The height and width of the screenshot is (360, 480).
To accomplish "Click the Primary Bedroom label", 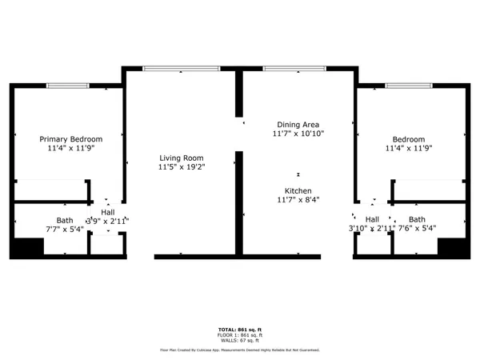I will [x=71, y=138].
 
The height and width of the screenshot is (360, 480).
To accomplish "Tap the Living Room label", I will [x=181, y=158].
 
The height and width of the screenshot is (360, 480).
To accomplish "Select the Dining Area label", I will [x=298, y=124].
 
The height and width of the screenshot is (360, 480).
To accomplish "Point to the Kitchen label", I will [x=298, y=190].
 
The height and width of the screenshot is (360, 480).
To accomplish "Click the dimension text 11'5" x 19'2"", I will [x=181, y=167].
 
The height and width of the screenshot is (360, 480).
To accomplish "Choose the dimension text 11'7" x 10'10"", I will [x=298, y=134].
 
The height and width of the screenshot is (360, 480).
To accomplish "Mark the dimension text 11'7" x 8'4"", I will [x=298, y=199].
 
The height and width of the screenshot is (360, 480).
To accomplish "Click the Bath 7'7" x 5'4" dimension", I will [x=64, y=229].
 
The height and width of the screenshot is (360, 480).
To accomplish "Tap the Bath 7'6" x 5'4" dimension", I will [x=417, y=228].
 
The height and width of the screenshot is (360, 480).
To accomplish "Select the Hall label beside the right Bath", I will [x=372, y=218].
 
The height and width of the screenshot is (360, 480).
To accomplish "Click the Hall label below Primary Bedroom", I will [x=106, y=213].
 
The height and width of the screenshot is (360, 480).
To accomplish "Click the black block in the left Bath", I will [x=26, y=247].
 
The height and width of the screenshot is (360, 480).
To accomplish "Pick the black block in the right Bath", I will [x=453, y=246].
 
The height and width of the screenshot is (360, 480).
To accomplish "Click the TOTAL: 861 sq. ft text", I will [x=239, y=330].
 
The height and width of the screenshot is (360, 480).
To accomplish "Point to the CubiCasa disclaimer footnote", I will [x=239, y=350].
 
